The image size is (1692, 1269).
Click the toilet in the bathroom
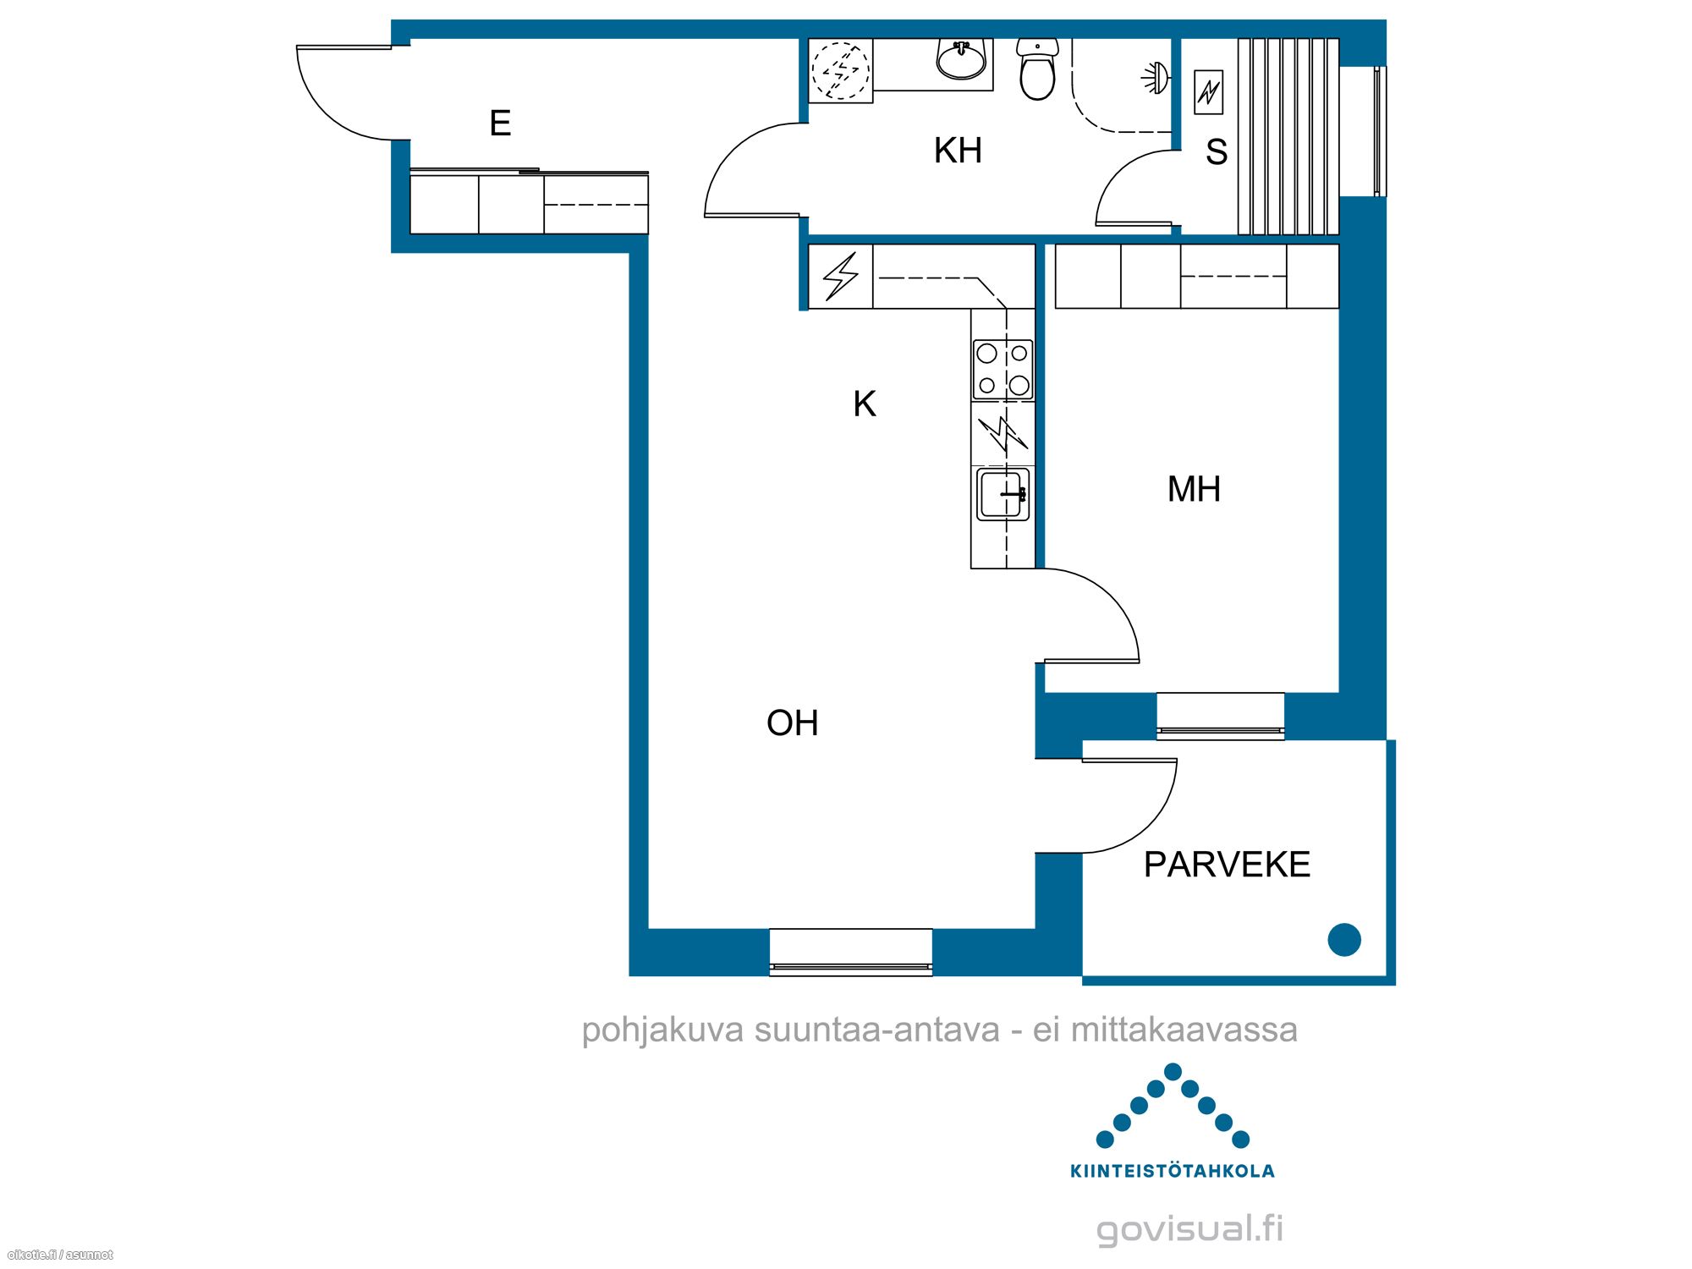tap(1037, 69)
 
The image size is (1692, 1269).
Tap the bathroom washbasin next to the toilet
tap(961, 60)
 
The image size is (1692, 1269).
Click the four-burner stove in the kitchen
tap(1003, 369)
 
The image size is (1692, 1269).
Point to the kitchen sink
tap(1003, 495)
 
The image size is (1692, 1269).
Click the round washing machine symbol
tap(841, 70)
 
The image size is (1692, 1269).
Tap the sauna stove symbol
tap(1209, 92)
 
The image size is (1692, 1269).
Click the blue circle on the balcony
tap(1344, 940)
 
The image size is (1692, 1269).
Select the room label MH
tap(1194, 489)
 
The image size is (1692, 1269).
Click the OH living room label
tap(792, 723)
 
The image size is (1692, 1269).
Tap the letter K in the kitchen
tap(865, 404)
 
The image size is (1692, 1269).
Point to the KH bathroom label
tap(958, 151)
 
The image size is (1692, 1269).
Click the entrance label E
tap(500, 124)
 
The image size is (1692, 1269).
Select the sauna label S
tap(1217, 152)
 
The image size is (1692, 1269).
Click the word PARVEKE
tap(1227, 865)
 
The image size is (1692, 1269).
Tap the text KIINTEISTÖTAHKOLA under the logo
tap(1173, 1172)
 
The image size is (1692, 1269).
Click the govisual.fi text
tap(1189, 1228)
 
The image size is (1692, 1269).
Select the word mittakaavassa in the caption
tap(1184, 1030)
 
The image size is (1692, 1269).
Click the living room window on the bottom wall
tap(851, 953)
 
